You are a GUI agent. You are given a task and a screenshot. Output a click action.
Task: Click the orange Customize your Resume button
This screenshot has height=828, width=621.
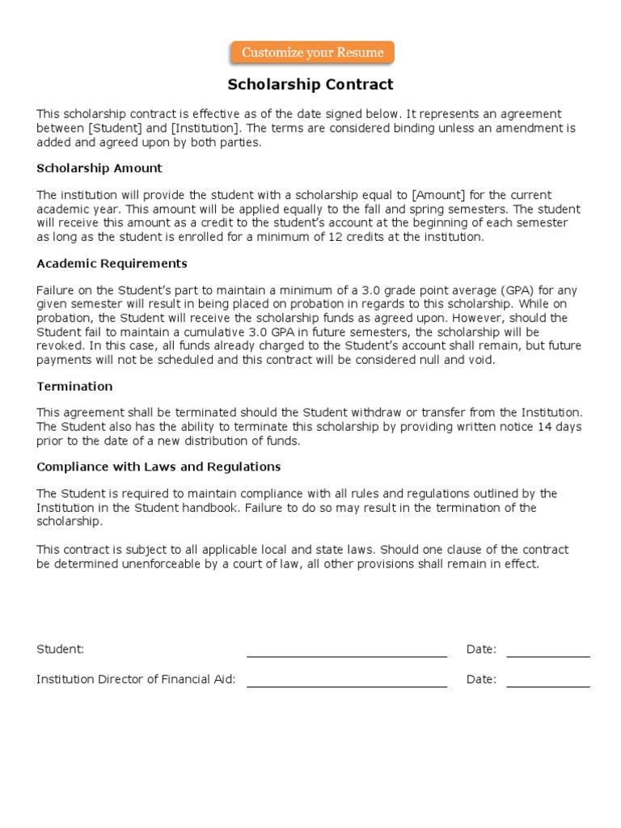[x=313, y=53]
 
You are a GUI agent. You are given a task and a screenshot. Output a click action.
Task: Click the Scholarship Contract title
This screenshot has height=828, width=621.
[x=310, y=84]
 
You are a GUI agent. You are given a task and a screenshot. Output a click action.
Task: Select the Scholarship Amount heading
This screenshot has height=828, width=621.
[x=99, y=168]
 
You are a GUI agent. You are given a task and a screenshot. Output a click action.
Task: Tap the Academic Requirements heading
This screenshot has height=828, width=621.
[x=112, y=264]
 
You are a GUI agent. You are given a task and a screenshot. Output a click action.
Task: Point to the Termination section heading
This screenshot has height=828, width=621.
[x=74, y=387]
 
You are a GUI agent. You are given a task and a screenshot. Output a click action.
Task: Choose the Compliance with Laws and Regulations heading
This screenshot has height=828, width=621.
[x=158, y=467]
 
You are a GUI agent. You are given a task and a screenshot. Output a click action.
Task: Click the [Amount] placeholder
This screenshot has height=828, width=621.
[x=437, y=196]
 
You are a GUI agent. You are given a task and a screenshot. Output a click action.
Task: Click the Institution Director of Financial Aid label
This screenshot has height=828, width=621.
[x=136, y=679]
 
